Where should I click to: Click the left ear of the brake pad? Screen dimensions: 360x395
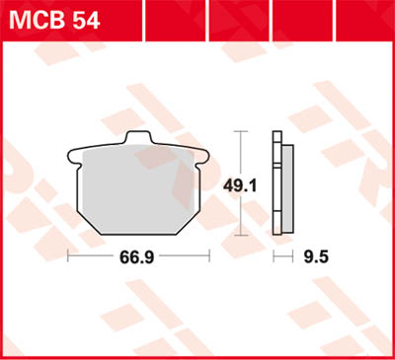pyautogui.click(x=73, y=154)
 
